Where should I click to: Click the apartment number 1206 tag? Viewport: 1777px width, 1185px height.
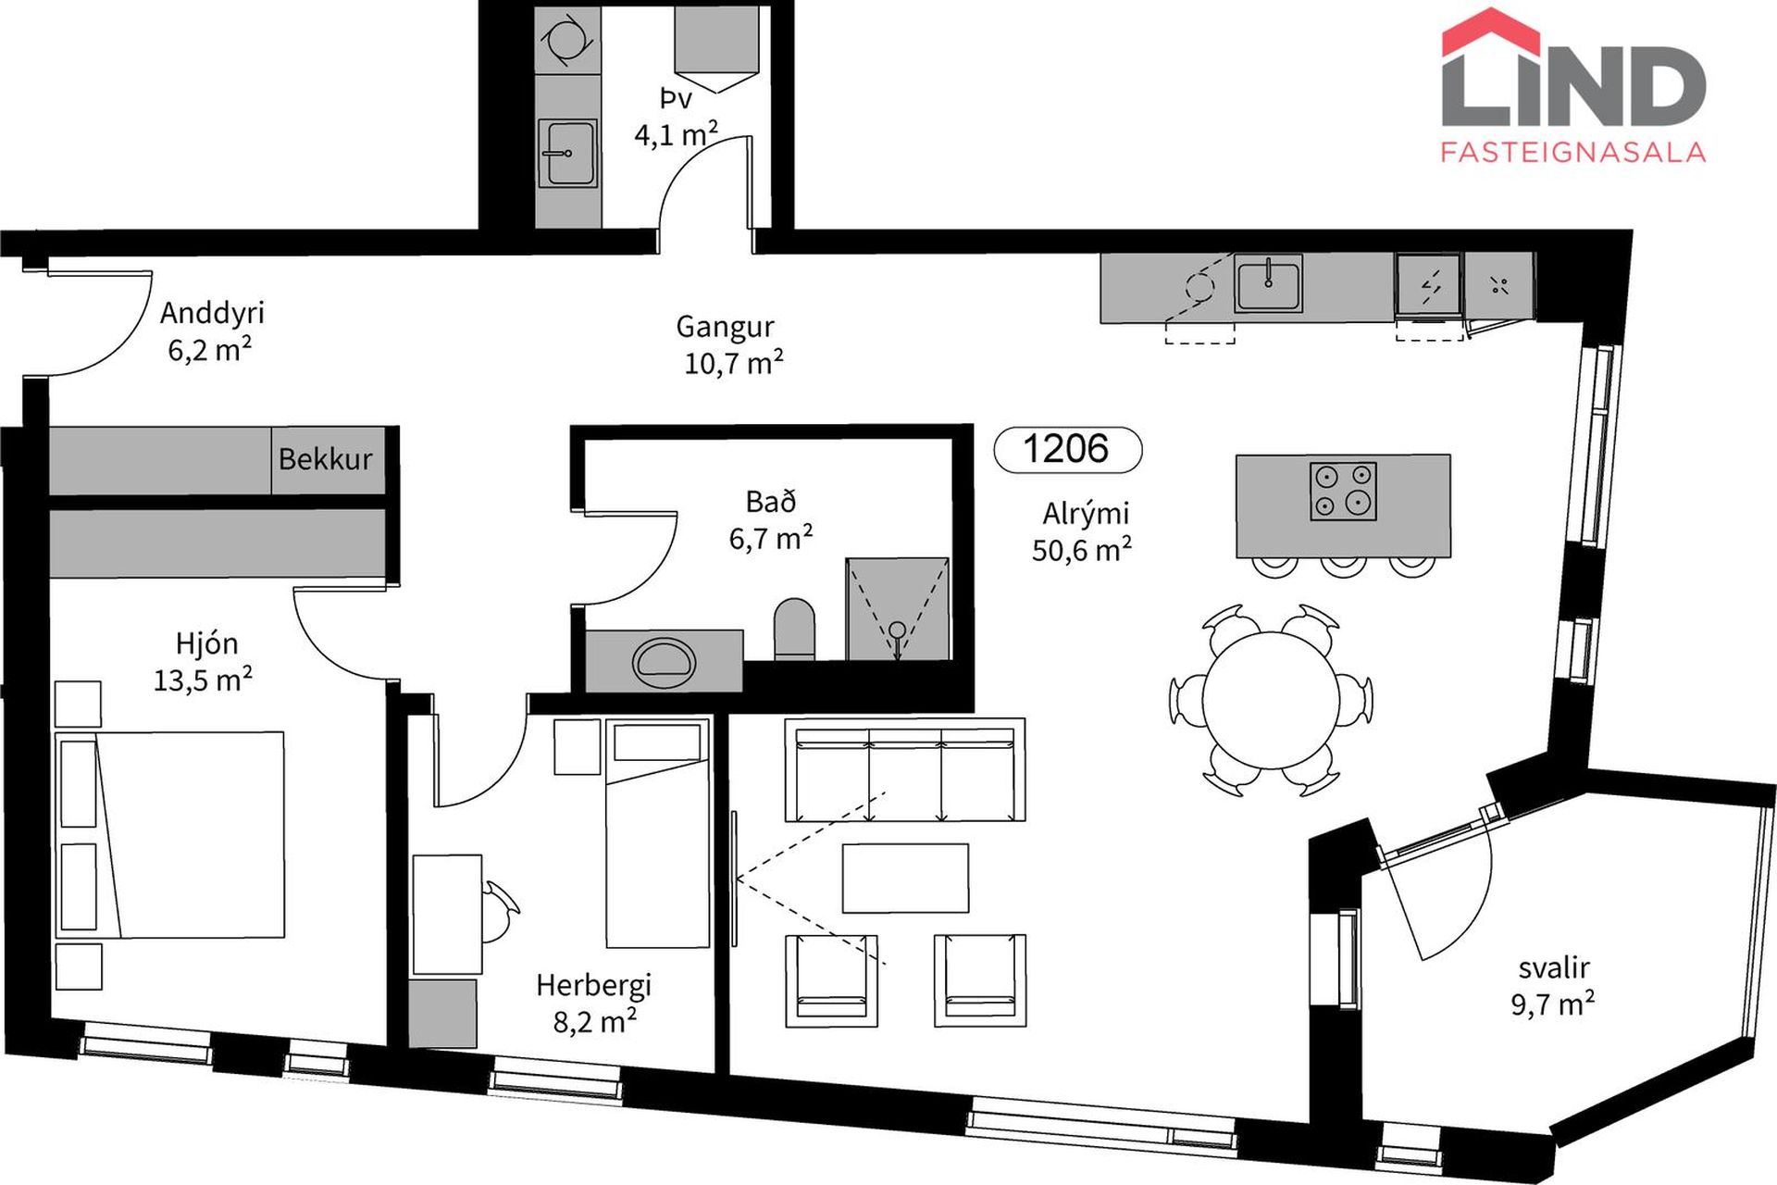tap(1067, 450)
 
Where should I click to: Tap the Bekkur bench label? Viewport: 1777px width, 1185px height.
tap(325, 459)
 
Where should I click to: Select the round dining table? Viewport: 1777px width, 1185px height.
tap(1271, 700)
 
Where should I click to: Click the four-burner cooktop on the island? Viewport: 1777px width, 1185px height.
tap(1343, 491)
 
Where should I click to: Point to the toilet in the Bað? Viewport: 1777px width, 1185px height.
tap(794, 629)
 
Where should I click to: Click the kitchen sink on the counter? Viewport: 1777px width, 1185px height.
tap(1268, 283)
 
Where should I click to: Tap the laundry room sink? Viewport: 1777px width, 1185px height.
tap(567, 153)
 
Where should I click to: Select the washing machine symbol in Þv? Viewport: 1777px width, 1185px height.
tap(567, 40)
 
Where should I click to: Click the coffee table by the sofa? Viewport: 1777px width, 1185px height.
tap(905, 878)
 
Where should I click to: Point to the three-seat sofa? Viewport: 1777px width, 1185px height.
tap(905, 770)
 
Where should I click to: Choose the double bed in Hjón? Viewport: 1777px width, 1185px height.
tap(169, 834)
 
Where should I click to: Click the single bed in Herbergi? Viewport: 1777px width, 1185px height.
tap(657, 832)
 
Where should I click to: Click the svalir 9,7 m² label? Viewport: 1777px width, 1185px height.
tap(1553, 987)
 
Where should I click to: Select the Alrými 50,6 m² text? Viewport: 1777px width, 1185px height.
tap(1083, 532)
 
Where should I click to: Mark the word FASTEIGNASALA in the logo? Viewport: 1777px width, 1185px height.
tap(1573, 152)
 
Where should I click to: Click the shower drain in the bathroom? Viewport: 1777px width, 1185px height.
tap(897, 631)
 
